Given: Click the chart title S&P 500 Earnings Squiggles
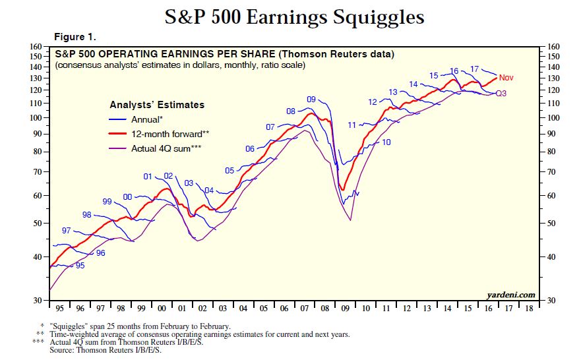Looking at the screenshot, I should click(294, 16).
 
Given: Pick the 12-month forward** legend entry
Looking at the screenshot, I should click(170, 134).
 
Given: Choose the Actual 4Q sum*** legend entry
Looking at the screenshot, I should click(166, 148).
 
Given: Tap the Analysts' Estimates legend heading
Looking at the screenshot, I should click(156, 105).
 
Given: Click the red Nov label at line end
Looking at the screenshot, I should click(506, 78).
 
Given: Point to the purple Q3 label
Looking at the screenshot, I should click(501, 94).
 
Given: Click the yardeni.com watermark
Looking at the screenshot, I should click(511, 295).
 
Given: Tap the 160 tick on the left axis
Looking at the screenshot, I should click(36, 47).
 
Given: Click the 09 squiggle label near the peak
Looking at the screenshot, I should click(312, 100).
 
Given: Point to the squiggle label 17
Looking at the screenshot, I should click(474, 69).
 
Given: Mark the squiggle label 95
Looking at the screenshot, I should click(80, 266).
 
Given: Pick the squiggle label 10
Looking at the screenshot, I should click(386, 142).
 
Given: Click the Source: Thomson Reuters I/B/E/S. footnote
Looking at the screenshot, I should click(105, 349).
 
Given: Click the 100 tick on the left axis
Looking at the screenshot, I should click(36, 118).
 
